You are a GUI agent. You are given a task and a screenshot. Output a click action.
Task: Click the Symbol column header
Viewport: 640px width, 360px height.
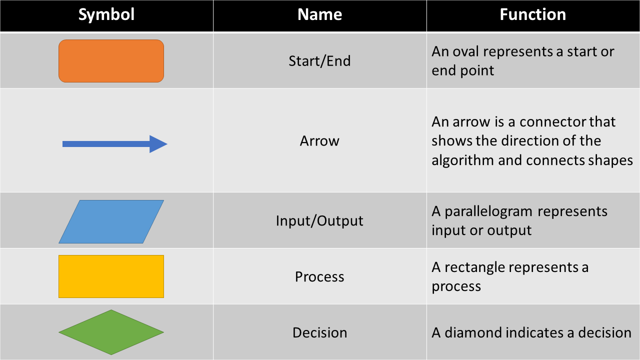coord(106,14)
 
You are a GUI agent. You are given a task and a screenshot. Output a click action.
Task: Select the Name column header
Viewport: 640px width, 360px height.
coord(319,14)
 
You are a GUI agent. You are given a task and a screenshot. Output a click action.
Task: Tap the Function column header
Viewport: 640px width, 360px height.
coord(532,14)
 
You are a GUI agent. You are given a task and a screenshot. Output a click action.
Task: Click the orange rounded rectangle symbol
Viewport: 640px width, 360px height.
coord(111,61)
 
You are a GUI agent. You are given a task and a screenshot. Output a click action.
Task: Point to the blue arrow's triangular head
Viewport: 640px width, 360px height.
coord(158,144)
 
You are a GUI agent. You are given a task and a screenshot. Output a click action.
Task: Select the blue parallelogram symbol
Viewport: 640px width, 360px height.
coord(111,221)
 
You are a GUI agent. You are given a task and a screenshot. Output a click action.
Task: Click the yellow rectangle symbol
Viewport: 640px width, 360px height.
coord(111,276)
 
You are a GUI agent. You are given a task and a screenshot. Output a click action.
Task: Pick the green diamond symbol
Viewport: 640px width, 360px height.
coord(111,332)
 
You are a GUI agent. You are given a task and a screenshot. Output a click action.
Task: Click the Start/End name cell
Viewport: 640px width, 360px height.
coord(319,61)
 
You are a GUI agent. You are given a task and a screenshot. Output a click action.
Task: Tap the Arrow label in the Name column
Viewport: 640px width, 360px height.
coord(319,141)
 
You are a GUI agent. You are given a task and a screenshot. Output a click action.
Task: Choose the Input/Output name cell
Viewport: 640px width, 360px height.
coord(319,221)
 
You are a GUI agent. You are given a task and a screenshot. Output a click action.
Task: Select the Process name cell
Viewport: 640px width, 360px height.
coord(319,277)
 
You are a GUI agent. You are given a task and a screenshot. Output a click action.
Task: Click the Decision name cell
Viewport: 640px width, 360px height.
coord(319,333)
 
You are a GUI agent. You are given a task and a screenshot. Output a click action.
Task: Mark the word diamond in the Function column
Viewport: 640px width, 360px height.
coord(469,333)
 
